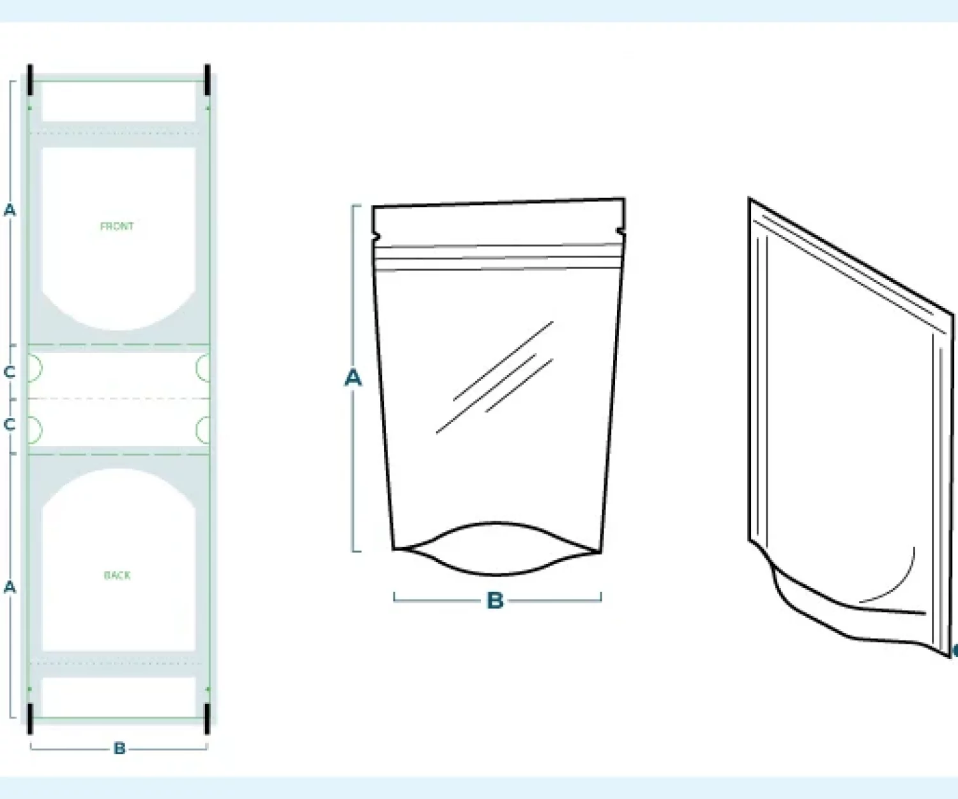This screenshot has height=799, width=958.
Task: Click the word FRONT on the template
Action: (117, 226)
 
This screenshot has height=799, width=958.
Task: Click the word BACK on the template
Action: (118, 575)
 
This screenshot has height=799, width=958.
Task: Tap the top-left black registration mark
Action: (30, 81)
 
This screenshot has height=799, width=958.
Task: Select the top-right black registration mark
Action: (208, 81)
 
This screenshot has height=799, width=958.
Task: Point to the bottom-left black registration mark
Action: (30, 718)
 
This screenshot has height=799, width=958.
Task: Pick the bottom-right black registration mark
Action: (208, 718)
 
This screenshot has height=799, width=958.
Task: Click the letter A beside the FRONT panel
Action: (10, 210)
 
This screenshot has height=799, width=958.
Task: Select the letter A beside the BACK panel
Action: (10, 587)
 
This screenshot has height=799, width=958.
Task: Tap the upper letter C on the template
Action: (9, 373)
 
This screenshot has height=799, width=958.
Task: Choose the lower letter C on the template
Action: (9, 424)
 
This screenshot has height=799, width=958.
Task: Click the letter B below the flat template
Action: (119, 749)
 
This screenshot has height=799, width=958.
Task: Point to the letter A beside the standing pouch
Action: (353, 378)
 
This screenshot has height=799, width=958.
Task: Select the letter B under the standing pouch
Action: (495, 601)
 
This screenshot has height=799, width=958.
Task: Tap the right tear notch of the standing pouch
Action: (620, 231)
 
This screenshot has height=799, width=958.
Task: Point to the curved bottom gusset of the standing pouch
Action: (496, 574)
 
